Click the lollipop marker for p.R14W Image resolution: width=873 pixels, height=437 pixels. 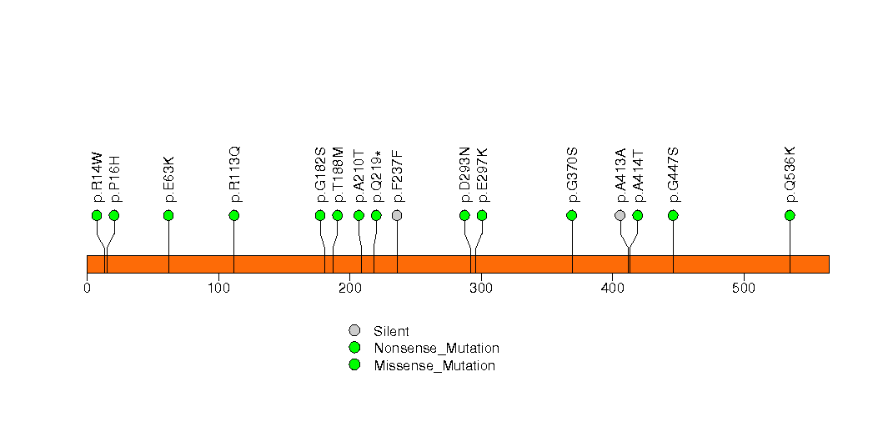pos(97,215)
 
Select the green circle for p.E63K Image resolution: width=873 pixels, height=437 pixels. pos(168,215)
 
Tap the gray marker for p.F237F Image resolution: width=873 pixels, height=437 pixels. pos(397,215)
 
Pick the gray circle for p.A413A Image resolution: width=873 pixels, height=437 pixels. pos(620,215)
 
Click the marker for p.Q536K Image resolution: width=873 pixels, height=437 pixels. pos(790,215)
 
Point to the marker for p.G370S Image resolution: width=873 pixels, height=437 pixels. pos(572,215)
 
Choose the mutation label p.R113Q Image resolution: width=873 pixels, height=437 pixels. pos(235,174)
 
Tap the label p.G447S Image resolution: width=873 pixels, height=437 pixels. pos(674,174)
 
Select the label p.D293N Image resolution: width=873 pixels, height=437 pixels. pos(465,174)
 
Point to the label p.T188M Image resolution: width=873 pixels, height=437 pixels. pos(339,174)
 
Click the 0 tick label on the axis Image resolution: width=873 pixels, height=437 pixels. pos(87,289)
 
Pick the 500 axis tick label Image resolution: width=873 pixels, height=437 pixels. pos(743,289)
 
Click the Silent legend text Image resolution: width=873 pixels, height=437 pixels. pos(391,331)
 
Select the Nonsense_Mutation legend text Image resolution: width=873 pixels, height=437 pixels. pos(436,348)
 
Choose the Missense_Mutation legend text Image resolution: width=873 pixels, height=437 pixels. pos(434,365)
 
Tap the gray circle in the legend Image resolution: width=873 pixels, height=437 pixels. pos(354,331)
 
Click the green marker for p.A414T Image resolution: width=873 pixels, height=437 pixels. pos(638,215)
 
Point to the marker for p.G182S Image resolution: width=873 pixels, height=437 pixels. pos(320,215)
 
